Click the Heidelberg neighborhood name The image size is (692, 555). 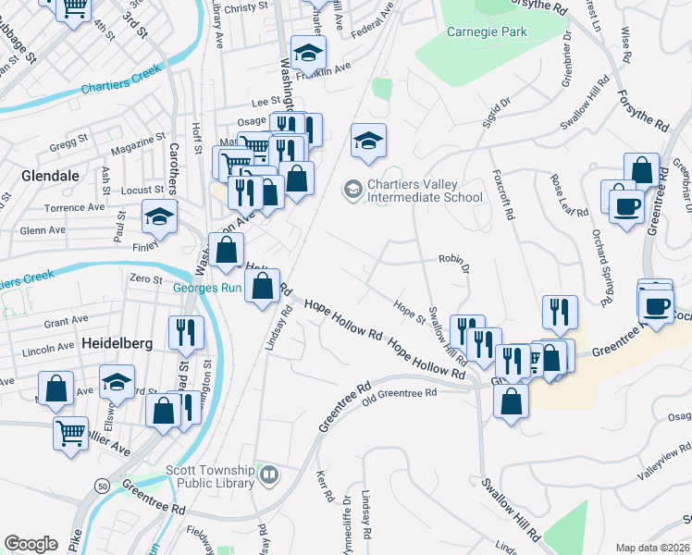(117, 343)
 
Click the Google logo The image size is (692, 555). (31, 543)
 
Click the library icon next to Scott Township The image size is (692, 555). (268, 475)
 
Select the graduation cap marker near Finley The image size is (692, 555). (159, 217)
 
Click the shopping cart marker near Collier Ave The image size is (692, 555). (71, 433)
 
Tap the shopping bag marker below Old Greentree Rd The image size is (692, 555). (511, 401)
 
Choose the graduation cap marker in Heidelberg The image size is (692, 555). (117, 381)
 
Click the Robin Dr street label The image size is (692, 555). (454, 264)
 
